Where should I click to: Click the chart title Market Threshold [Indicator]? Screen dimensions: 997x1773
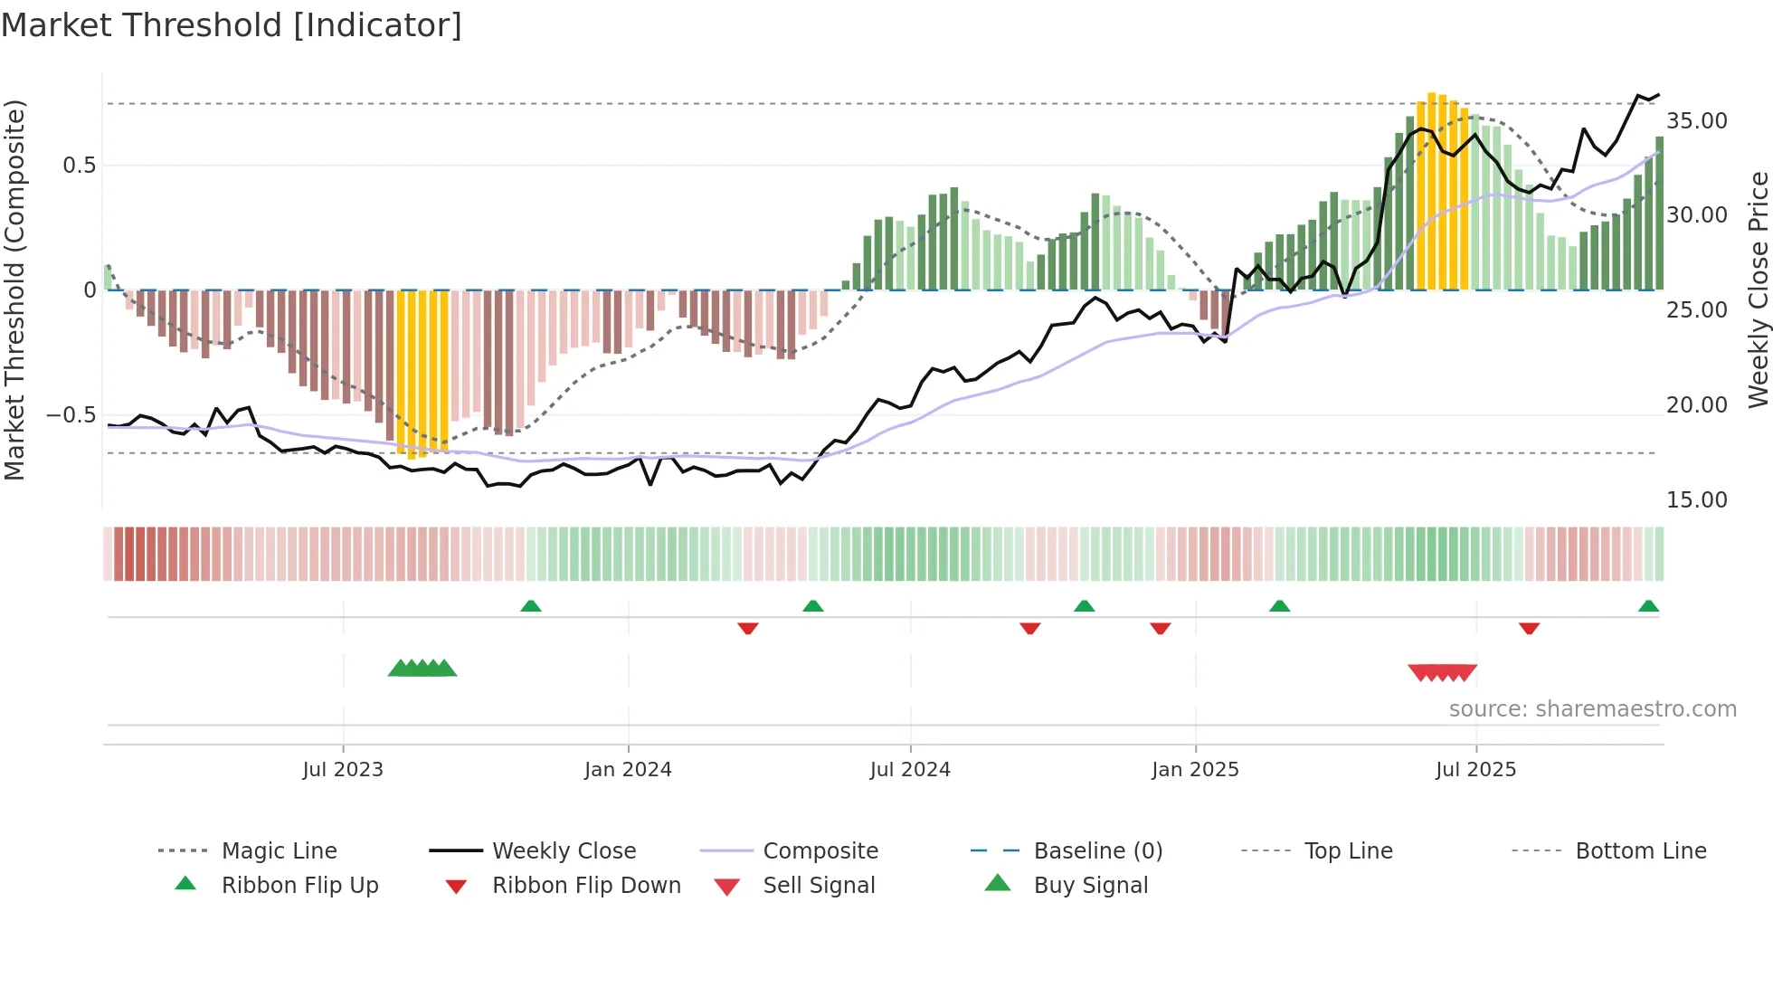point(232,25)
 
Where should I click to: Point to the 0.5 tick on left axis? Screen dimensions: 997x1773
point(79,166)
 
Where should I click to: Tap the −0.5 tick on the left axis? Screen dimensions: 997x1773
point(71,415)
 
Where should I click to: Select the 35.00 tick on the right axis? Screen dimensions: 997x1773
point(1696,121)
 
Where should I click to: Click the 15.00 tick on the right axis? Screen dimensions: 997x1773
point(1696,500)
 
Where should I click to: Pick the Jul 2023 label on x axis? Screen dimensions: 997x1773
point(343,770)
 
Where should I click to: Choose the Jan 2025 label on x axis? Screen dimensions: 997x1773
point(1195,770)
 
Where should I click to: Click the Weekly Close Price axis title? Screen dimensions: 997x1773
point(1758,290)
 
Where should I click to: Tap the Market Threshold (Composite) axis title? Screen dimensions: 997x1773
point(14,290)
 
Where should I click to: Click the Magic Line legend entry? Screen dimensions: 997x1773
point(279,851)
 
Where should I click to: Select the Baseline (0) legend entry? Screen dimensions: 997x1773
point(1097,851)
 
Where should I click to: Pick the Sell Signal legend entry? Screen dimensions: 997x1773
point(819,886)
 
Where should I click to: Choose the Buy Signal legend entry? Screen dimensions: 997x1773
point(1090,886)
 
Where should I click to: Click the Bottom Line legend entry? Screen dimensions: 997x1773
point(1640,851)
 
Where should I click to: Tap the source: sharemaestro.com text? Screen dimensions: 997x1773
point(1592,709)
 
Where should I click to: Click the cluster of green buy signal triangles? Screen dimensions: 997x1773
point(422,669)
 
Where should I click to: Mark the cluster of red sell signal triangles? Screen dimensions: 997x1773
point(1443,672)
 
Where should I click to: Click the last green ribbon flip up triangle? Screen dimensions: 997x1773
point(1648,606)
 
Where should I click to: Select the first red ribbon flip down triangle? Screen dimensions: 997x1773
point(747,628)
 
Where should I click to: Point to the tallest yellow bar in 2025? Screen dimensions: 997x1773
point(1431,190)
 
